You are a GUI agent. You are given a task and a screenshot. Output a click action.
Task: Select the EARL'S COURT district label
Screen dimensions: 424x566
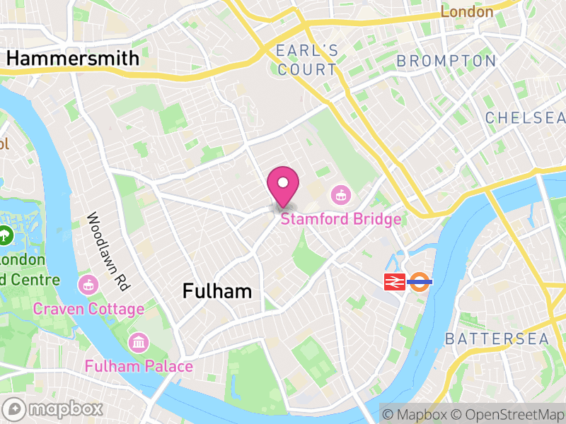[x=307, y=60]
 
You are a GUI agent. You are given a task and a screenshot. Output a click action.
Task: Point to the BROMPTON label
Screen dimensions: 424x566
[x=446, y=61]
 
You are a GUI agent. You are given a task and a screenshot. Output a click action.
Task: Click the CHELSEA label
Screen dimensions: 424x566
[x=525, y=117]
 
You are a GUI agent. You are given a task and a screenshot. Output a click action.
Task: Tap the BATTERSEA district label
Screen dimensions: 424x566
[x=497, y=339]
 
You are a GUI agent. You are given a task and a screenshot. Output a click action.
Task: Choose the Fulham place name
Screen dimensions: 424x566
[x=216, y=291]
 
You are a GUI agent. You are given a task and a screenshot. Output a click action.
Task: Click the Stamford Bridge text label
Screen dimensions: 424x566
[x=341, y=219]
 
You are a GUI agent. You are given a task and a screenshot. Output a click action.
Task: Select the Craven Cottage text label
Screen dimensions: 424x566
[x=88, y=309]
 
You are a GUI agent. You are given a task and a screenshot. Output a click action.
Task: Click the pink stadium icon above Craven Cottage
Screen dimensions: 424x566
[x=88, y=284]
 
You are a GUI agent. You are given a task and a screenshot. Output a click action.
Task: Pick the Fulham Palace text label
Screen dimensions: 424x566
[x=139, y=366]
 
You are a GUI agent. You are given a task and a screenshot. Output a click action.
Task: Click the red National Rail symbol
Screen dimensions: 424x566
[x=393, y=283]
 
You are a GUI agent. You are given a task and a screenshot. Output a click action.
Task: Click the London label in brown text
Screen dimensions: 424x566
[x=467, y=12]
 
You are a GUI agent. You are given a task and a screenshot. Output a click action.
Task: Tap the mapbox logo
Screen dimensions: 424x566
[x=54, y=408]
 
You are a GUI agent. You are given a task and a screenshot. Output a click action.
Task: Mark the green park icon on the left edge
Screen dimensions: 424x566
[x=6, y=234]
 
